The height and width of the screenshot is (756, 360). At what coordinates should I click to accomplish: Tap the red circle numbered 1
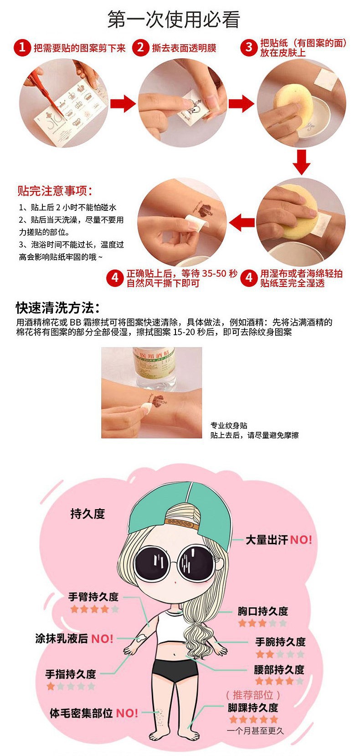coord(22,47)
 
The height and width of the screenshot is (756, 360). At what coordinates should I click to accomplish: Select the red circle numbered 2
coord(141,47)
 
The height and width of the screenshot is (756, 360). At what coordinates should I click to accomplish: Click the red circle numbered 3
coord(249,47)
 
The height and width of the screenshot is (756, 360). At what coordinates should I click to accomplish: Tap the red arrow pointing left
coord(242,222)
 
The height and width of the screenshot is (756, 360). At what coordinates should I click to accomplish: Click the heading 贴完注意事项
coord(54,190)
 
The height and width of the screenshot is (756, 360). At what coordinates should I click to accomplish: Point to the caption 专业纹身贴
coord(229,425)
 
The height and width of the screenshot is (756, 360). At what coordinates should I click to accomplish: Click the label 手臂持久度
coord(93,596)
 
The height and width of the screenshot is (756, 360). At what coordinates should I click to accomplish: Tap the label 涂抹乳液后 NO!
coord(74,639)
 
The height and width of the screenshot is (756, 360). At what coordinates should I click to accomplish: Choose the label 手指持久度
coord(71,674)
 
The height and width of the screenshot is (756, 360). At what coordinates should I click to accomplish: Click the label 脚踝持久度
coord(253,707)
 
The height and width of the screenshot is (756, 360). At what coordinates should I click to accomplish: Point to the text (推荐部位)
coord(253,695)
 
